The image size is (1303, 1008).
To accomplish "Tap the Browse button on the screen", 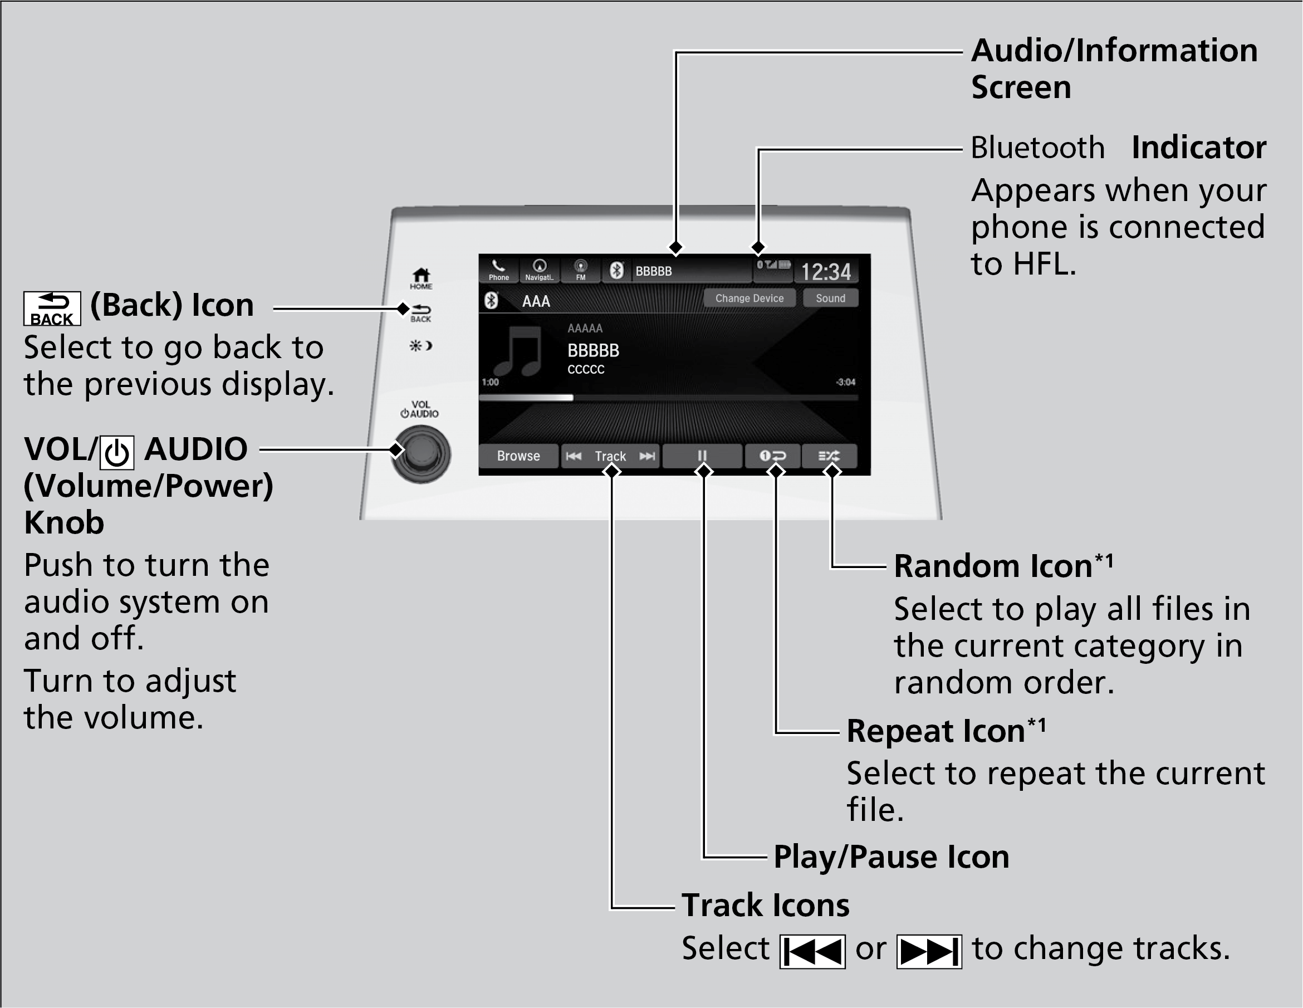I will coord(518,456).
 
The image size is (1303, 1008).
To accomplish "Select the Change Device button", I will coord(749,298).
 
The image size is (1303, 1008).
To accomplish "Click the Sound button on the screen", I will coord(830,298).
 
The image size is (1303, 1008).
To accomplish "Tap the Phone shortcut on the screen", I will coord(498,270).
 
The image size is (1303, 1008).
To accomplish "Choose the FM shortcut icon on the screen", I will coord(580,270).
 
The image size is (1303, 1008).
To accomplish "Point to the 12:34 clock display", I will coord(826,272).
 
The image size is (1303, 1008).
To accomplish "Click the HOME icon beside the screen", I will coord(421,277).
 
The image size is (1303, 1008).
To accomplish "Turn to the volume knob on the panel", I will coord(421,453).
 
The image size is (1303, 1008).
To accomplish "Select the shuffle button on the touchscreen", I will coord(829,456).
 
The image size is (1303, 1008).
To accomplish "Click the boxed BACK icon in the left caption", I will coord(52,309).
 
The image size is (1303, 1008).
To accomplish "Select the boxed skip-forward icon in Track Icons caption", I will coord(928,951).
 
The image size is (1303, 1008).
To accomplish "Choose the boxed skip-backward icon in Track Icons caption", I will coord(812,951).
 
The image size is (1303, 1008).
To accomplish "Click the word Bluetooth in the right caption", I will coord(1037,148).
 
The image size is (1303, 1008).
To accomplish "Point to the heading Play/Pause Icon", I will coord(891,857).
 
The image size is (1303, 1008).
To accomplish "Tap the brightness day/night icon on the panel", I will coord(420,345).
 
